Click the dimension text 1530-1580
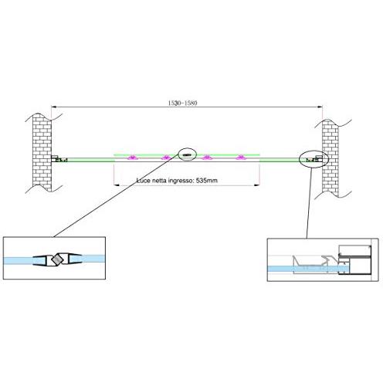click(x=182, y=103)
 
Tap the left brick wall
click(x=42, y=152)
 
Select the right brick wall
click(x=330, y=158)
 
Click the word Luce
click(x=144, y=181)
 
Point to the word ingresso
click(x=181, y=181)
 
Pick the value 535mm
click(x=207, y=181)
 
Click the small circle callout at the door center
click(x=187, y=154)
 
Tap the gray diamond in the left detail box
click(x=57, y=259)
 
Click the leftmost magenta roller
click(x=133, y=158)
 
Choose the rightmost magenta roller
click(x=241, y=157)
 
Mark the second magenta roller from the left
click(x=166, y=158)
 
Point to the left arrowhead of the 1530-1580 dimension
click(x=53, y=107)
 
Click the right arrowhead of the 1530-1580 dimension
click(x=320, y=107)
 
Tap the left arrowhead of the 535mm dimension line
click(x=116, y=185)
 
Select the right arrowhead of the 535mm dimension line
click(x=257, y=185)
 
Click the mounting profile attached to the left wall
click(x=59, y=159)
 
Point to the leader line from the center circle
click(x=116, y=195)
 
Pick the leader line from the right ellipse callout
click(x=309, y=203)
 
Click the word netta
click(x=159, y=181)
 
